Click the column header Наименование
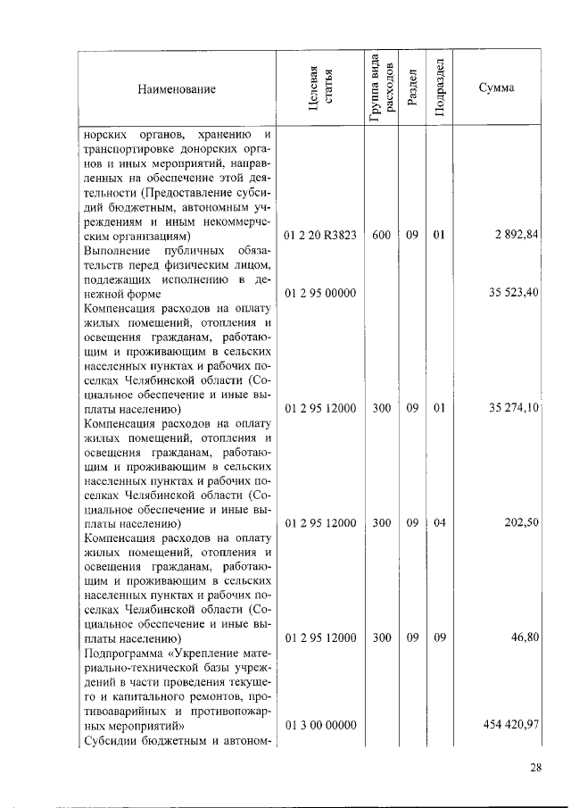(x=177, y=89)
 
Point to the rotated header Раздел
(x=411, y=89)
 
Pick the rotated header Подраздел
(x=439, y=88)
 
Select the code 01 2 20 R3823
(x=320, y=236)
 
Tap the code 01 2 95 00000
(x=320, y=293)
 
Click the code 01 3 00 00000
(x=320, y=724)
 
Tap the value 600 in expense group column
(x=381, y=236)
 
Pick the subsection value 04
(x=439, y=523)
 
